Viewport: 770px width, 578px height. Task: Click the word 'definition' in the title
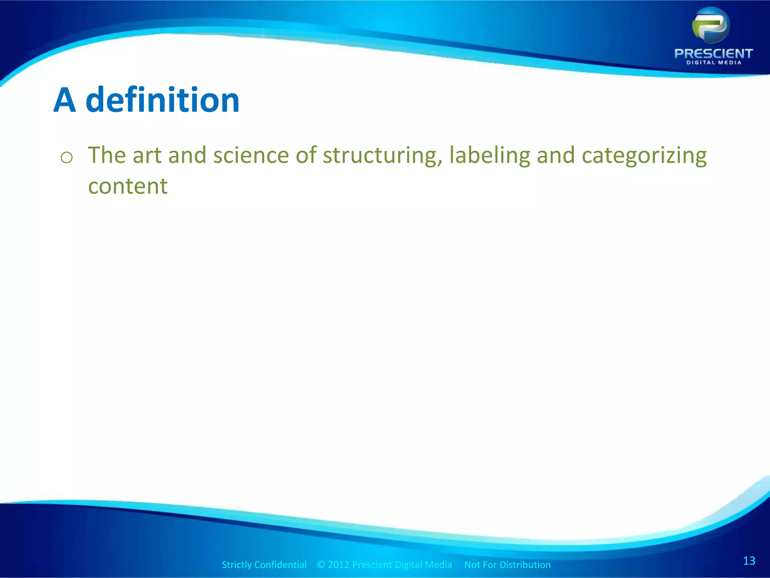pos(162,100)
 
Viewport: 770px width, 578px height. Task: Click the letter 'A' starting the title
pos(65,101)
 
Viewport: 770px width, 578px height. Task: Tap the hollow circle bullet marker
pos(67,158)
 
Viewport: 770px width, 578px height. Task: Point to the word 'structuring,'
pos(382,155)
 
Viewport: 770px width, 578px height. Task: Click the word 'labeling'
pos(489,155)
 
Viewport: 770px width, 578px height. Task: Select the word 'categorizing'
pos(644,155)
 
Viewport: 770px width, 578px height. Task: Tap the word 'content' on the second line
pos(128,186)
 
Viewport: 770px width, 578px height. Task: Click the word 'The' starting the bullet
pos(107,155)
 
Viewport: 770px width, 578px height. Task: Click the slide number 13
pos(749,561)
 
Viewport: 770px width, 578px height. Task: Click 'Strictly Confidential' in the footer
pos(264,565)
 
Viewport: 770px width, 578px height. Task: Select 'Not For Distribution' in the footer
pos(507,565)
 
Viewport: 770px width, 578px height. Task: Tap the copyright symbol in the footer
pos(321,565)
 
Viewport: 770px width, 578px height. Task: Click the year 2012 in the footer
pos(338,565)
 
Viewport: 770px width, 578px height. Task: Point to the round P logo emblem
pos(711,26)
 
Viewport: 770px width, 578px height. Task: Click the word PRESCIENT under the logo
pos(713,53)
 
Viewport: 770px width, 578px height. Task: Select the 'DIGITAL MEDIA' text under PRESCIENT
pos(714,63)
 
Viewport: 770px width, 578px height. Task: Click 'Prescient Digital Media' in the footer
pos(402,565)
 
